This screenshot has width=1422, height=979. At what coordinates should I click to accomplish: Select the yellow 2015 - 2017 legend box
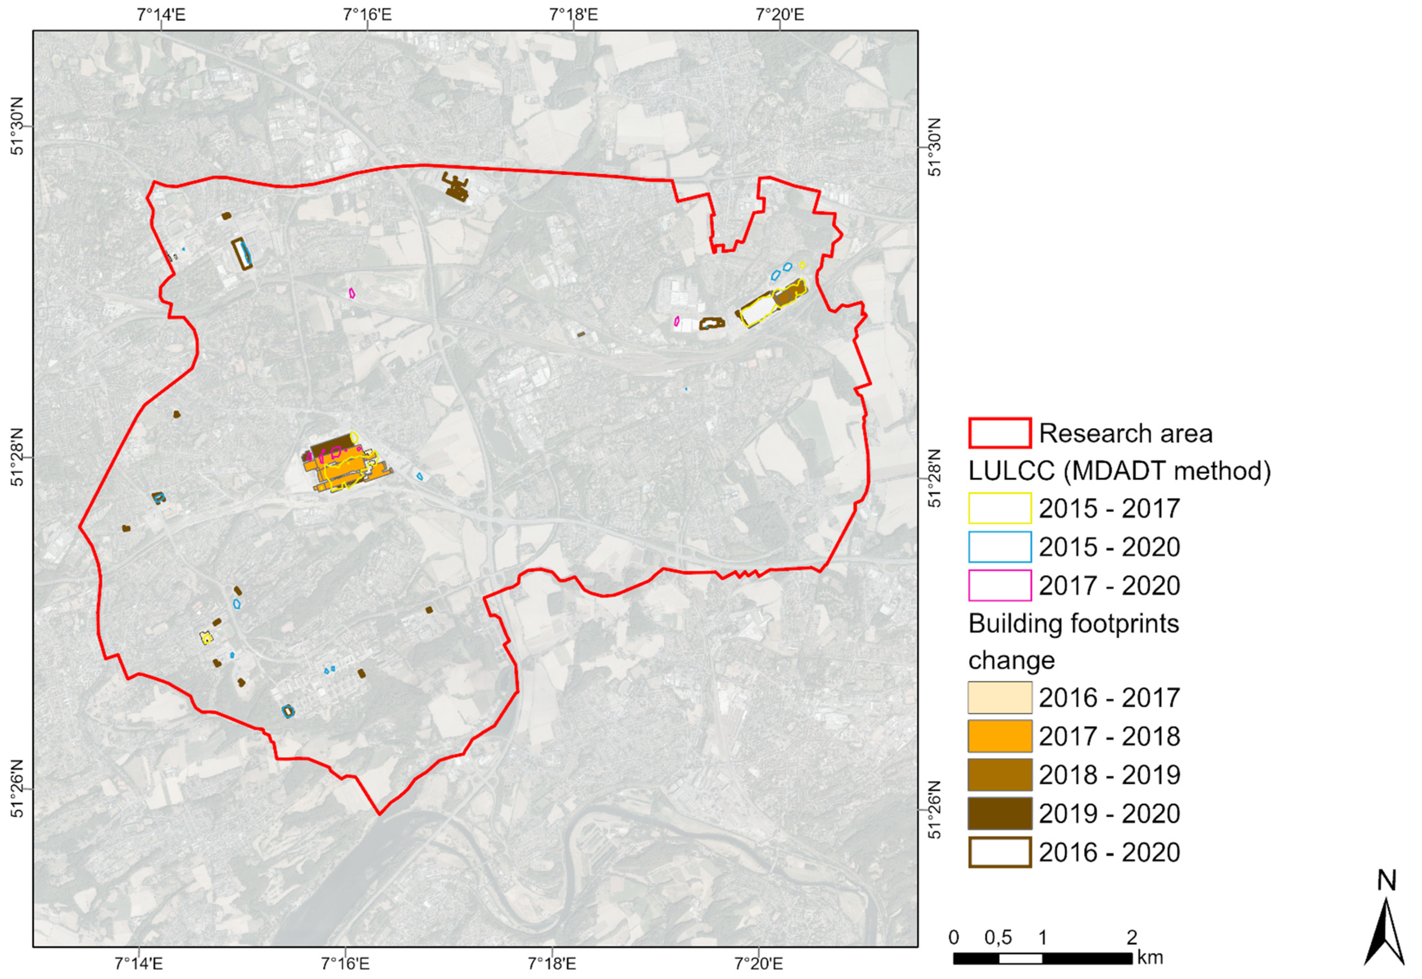tap(999, 508)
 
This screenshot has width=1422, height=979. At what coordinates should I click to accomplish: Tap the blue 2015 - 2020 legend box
tap(999, 547)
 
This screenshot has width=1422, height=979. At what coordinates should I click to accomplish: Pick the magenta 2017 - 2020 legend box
tap(999, 585)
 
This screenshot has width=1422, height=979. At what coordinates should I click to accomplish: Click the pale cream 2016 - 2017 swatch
tap(999, 697)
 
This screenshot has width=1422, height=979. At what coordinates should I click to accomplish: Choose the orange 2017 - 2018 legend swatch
tap(999, 736)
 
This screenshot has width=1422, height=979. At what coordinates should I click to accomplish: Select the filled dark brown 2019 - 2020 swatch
tap(999, 814)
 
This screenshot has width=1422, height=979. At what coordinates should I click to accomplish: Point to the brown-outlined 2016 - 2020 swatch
tap(999, 852)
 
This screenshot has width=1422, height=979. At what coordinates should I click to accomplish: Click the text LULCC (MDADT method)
tap(1120, 471)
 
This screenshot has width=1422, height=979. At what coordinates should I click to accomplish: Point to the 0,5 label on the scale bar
tap(998, 938)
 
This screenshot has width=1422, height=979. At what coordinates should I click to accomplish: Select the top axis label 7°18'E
tap(573, 14)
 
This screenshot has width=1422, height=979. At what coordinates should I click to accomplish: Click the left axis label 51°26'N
tap(18, 790)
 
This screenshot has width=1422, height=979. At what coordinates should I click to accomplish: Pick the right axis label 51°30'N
tap(934, 147)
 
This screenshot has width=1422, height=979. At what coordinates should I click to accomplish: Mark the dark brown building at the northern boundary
tap(456, 187)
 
